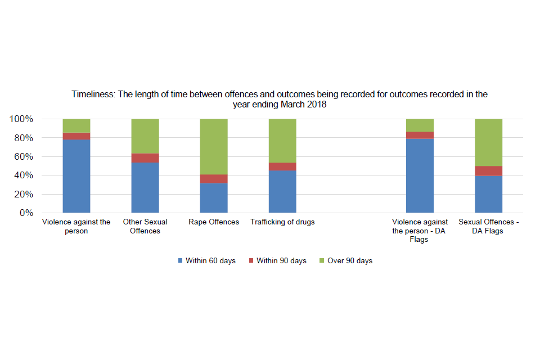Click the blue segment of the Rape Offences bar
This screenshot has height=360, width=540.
click(x=214, y=197)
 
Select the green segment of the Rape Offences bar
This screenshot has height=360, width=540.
click(x=214, y=146)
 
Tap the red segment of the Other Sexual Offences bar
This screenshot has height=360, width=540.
click(x=145, y=158)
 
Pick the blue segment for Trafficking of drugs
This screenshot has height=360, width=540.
click(x=282, y=191)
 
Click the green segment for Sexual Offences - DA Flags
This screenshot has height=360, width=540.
click(x=488, y=142)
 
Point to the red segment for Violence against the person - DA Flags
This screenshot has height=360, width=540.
click(x=420, y=135)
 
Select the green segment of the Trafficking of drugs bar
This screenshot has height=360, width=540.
click(x=282, y=141)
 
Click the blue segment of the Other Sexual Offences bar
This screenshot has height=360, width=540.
click(x=145, y=187)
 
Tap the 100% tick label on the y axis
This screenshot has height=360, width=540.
click(x=21, y=119)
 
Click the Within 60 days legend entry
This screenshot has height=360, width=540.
click(x=206, y=261)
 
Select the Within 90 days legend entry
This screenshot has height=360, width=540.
click(x=277, y=261)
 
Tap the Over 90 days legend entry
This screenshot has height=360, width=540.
click(x=345, y=261)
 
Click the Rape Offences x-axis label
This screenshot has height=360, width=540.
click(x=214, y=222)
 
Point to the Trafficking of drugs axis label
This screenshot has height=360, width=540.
click(x=282, y=222)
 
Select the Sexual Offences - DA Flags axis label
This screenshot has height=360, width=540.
click(x=488, y=226)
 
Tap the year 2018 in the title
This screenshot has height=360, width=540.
click(x=316, y=104)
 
